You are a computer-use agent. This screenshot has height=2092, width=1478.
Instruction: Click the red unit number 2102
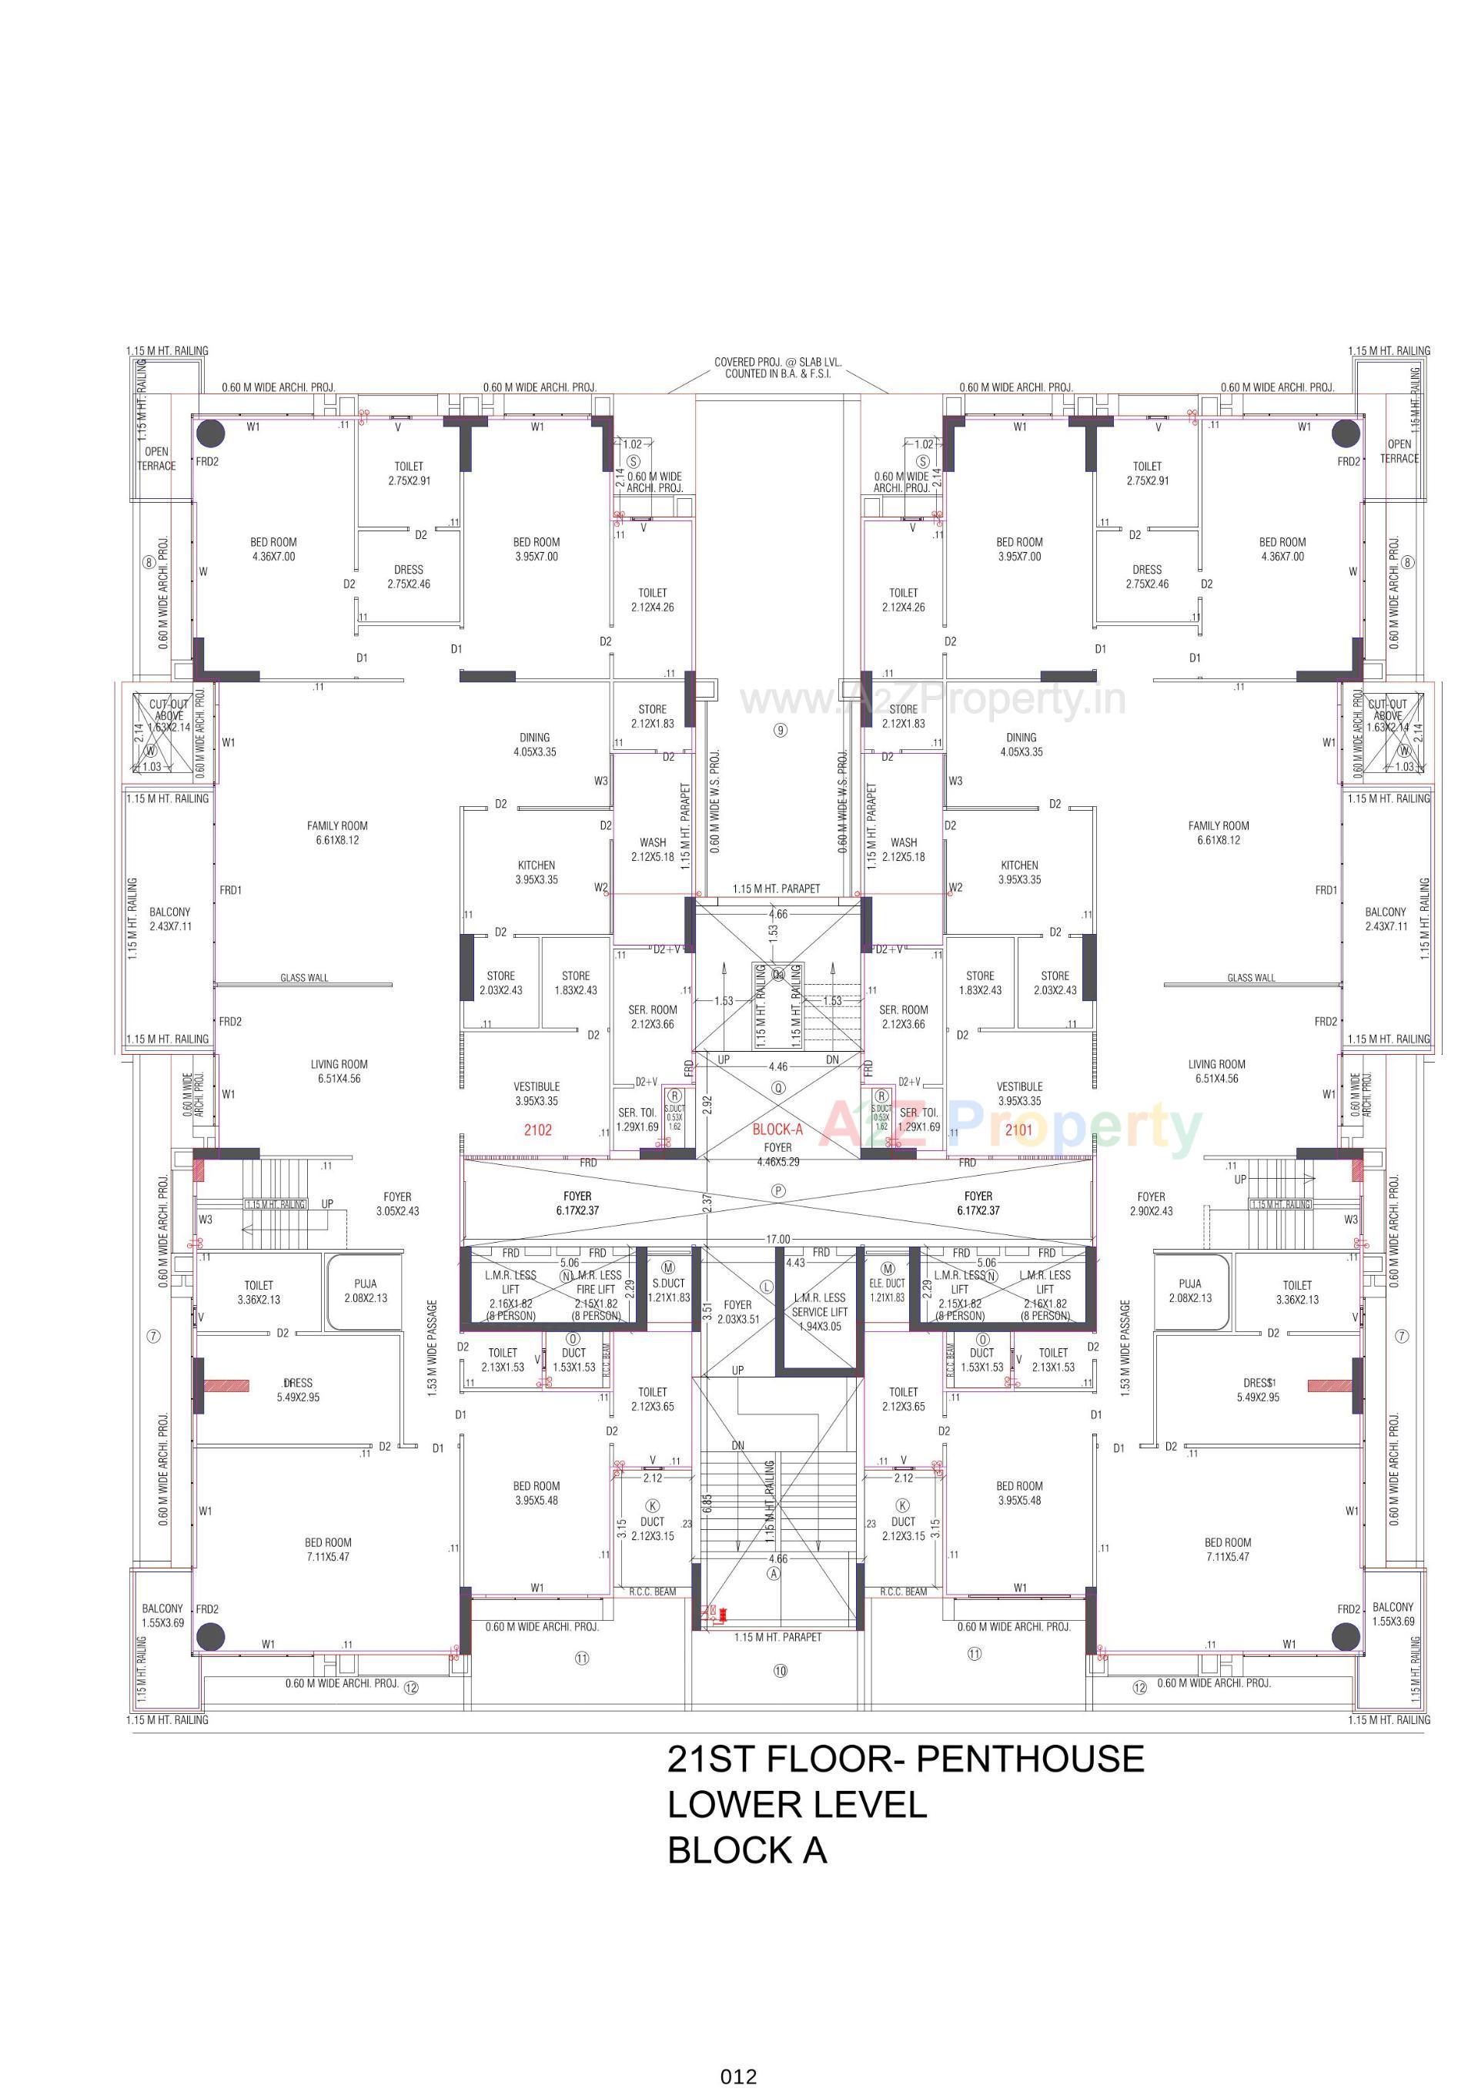coord(537,1130)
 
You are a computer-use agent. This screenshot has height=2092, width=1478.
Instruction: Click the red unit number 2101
coord(1018,1130)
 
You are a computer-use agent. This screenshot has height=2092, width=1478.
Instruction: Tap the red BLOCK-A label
coord(777,1129)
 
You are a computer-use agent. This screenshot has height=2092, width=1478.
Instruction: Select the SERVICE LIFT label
coord(819,1312)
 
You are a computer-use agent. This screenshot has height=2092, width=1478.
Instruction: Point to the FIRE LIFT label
coord(596,1289)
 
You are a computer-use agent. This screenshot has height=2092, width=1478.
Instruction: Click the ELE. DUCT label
coord(887,1283)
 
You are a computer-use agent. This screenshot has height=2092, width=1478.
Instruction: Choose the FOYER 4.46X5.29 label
coord(777,1154)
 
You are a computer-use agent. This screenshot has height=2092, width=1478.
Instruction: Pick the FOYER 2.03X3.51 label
coord(737,1312)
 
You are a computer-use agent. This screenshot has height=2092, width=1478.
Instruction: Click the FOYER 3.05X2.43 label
coord(397,1203)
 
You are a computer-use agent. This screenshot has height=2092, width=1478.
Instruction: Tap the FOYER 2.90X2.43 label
coord(1151,1203)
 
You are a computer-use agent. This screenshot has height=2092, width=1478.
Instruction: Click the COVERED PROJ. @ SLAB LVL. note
coord(777,367)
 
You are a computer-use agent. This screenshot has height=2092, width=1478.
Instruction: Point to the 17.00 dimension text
coord(777,1239)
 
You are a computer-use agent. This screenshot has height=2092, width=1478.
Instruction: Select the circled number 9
coord(780,730)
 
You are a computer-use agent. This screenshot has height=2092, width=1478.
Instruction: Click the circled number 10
coord(780,1671)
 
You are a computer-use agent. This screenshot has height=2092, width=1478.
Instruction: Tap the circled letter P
coord(778,1191)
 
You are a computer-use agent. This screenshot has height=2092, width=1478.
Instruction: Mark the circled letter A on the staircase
coord(774,1574)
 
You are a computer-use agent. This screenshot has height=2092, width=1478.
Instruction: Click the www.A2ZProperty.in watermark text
coord(932,700)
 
